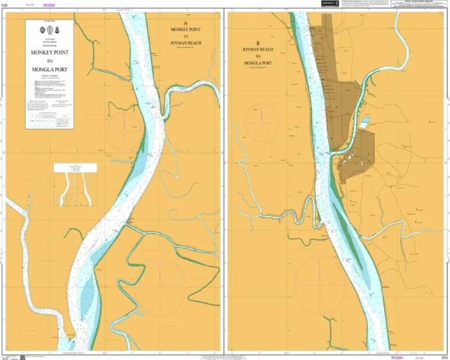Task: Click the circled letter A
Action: click(x=186, y=21)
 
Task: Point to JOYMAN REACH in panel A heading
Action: click(x=186, y=43)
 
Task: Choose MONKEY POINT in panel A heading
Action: click(x=186, y=30)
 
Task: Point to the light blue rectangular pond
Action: click(x=364, y=121)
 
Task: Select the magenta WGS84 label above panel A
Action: click(x=48, y=4)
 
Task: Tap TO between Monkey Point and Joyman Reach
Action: click(x=186, y=37)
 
